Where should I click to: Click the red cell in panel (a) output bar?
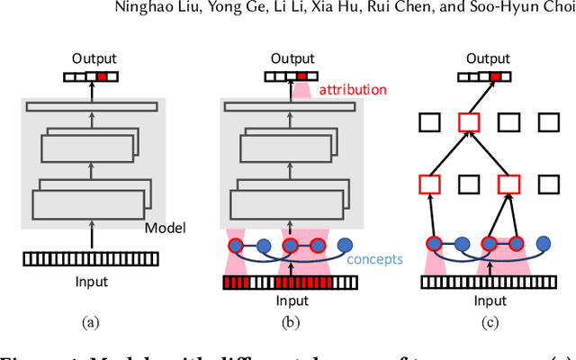[x=103, y=76]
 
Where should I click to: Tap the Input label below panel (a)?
[x=91, y=282]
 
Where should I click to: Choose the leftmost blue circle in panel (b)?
[x=236, y=243]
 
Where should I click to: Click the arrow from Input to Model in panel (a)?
[x=92, y=236]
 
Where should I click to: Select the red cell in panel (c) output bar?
[x=494, y=76]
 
